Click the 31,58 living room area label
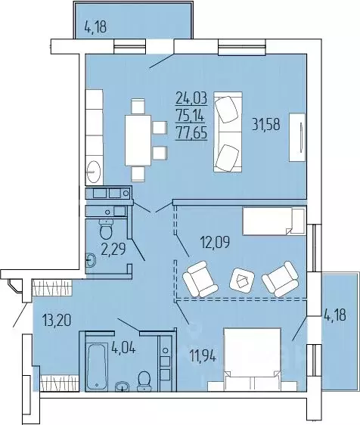point(266,125)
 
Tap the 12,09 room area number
point(215,242)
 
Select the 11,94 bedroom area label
point(202,356)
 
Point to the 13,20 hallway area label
point(57,320)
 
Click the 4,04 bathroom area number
point(123,347)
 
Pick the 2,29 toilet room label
point(113,249)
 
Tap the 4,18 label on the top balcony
point(95,28)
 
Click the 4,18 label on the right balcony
point(335,315)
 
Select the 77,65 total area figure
point(191,134)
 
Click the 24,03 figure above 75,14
point(191,98)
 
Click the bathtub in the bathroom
point(97,362)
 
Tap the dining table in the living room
point(138,140)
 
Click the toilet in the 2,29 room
point(106,229)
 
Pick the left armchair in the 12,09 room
point(200,279)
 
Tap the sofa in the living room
point(228,132)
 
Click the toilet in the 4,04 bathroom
point(144,382)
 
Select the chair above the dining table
point(138,107)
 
